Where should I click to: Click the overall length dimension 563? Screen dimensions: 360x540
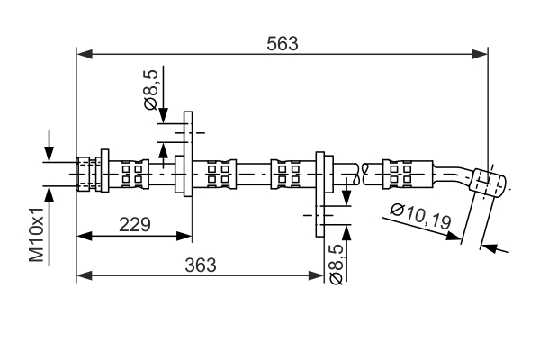point(282,43)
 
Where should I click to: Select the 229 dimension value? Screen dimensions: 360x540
point(134,223)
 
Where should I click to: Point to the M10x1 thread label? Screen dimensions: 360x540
point(37,233)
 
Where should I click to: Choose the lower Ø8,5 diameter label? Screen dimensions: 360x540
point(335,264)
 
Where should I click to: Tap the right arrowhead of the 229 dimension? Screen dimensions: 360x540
point(185,237)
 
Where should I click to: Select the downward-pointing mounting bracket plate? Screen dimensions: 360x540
point(321,193)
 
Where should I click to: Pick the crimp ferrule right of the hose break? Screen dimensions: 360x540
point(398,172)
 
